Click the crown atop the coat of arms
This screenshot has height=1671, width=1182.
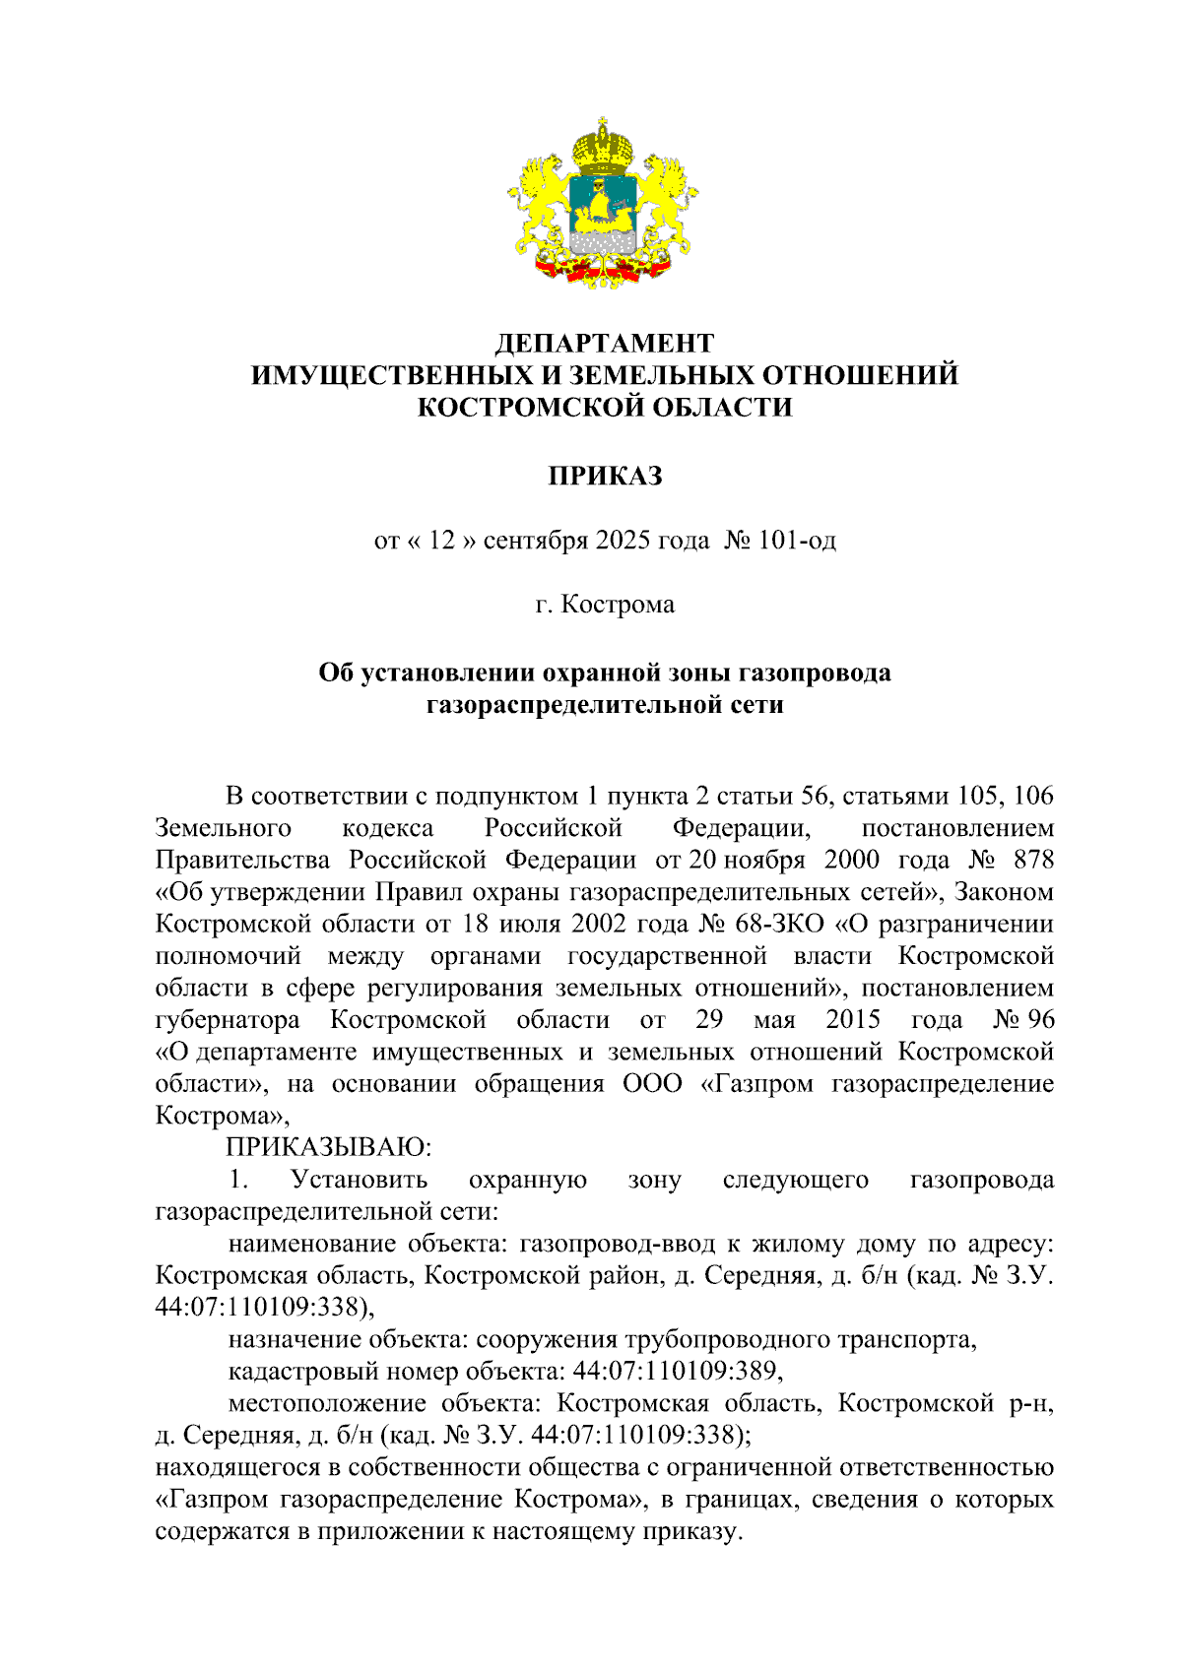coord(603,146)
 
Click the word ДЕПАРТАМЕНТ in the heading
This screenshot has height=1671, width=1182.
coord(604,344)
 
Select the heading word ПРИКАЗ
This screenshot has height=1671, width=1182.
coord(604,477)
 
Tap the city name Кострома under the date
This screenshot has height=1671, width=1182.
coord(618,605)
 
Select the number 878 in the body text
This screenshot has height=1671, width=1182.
coord(1033,860)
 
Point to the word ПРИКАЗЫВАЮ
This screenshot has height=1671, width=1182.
coord(329,1147)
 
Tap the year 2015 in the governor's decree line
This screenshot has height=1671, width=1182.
coord(853,1019)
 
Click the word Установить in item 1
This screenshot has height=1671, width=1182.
coord(359,1180)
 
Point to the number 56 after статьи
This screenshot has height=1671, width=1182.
coord(816,796)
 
